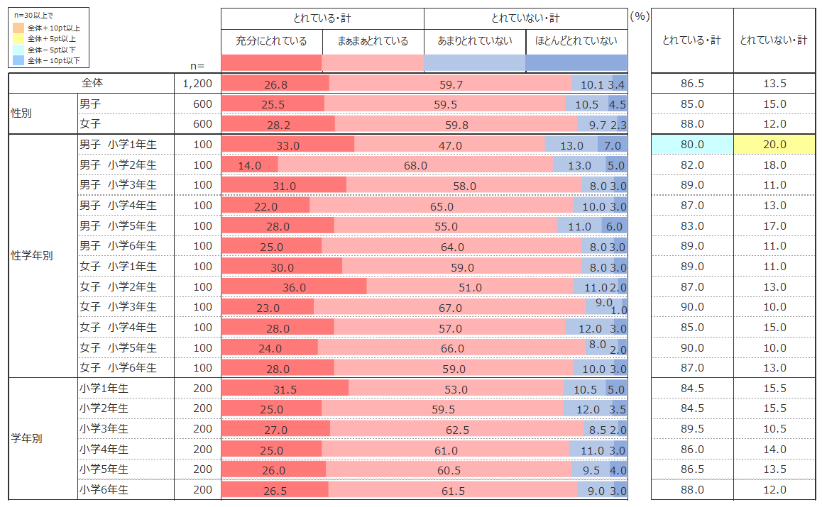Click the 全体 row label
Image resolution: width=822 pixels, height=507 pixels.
[x=92, y=84]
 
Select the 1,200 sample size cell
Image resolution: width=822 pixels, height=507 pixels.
[x=197, y=84]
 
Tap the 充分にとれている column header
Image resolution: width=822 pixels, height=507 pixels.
[x=271, y=41]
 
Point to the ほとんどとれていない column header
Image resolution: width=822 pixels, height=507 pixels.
[x=576, y=41]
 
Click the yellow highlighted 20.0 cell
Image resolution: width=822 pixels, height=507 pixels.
[x=773, y=145]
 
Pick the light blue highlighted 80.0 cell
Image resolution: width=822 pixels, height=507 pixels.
[x=691, y=145]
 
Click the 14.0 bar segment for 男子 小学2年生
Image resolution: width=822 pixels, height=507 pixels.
[x=249, y=165]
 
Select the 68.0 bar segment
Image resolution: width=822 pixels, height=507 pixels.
[x=415, y=165]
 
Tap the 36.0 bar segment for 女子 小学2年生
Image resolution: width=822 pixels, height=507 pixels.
[x=294, y=287]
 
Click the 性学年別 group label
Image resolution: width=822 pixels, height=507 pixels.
[x=32, y=256]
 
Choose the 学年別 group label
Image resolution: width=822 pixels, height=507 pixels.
[x=27, y=438]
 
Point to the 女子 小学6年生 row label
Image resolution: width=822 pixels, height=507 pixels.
[x=118, y=368]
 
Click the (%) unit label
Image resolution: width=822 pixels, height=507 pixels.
[x=639, y=17]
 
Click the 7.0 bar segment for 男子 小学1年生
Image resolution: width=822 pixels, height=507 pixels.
[x=612, y=145]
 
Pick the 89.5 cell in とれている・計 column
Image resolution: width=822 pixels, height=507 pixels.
[x=691, y=429]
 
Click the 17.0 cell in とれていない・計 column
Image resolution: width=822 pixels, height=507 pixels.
[x=773, y=226]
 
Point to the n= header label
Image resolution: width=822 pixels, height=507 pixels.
[x=198, y=65]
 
